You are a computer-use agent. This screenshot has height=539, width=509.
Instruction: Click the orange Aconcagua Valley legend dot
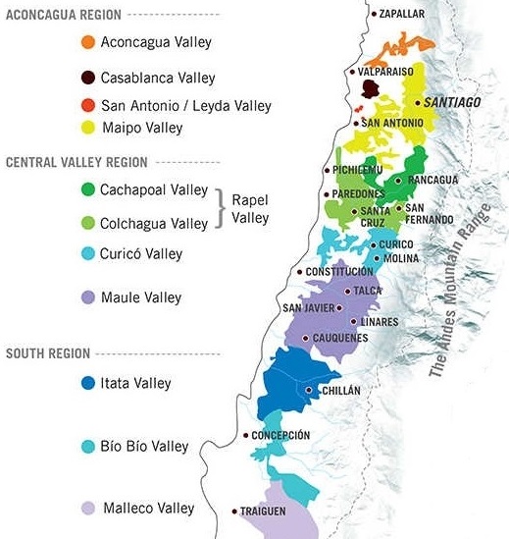(x=88, y=42)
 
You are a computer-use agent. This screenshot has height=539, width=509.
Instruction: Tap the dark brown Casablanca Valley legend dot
(x=88, y=77)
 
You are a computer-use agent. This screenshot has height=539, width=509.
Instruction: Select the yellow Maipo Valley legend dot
(x=88, y=127)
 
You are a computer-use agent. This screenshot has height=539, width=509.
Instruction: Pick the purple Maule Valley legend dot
(x=88, y=296)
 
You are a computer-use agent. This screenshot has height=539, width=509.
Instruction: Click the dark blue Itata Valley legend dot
(x=88, y=383)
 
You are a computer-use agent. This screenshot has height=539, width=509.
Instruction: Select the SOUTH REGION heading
(x=47, y=352)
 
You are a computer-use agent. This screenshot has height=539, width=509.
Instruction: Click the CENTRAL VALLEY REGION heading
(x=76, y=162)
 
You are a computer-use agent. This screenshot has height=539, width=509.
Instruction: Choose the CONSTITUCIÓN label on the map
(x=339, y=271)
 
